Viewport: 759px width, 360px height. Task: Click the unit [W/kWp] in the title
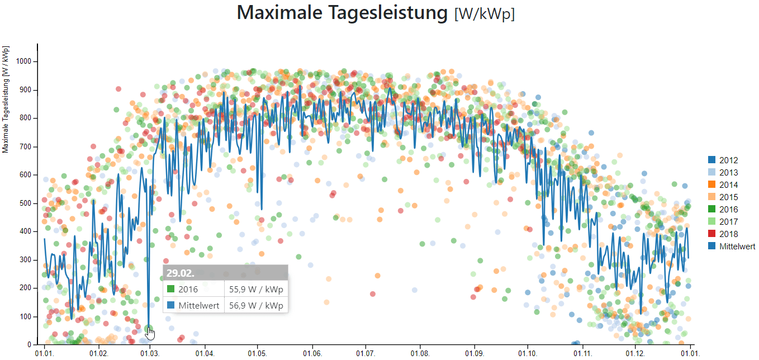[485, 14]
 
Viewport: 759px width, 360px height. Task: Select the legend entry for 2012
[728, 160]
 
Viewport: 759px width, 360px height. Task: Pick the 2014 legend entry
[728, 185]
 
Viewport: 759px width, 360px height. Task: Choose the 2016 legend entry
[728, 210]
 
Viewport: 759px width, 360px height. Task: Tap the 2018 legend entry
[728, 234]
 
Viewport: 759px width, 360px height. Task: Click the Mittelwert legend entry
[737, 247]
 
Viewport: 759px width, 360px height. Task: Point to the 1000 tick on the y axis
[25, 61]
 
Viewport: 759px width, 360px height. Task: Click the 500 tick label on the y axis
[27, 203]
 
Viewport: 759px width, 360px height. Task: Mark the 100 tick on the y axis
[27, 317]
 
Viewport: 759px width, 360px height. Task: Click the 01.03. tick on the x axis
[149, 353]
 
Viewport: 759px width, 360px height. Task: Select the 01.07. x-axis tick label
[365, 353]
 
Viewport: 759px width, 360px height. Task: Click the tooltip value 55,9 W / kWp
[256, 289]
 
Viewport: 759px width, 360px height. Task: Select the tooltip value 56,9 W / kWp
[256, 306]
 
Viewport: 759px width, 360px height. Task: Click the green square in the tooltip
[172, 289]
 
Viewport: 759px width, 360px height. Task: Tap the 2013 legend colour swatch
[711, 173]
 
